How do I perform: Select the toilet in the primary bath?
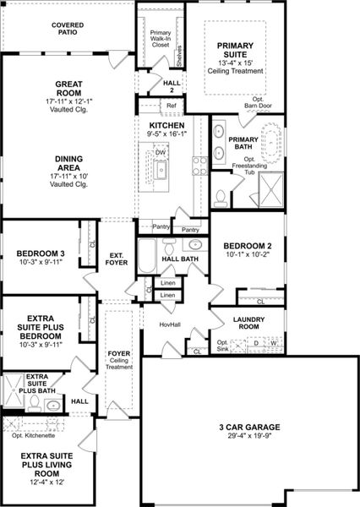click(221, 196)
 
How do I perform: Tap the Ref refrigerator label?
click(171, 106)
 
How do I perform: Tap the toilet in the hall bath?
click(167, 245)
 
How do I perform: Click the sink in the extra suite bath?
click(53, 405)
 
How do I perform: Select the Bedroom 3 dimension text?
click(40, 262)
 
